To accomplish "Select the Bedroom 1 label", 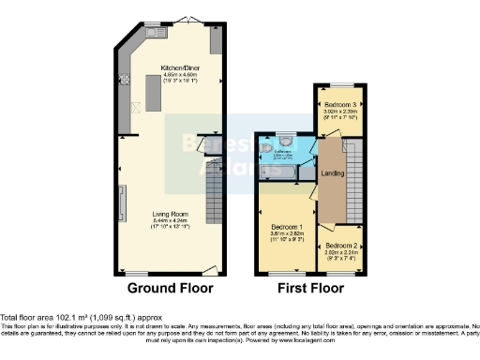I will click(286, 227).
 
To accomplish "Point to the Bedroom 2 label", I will click(340, 246).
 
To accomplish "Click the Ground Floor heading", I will click(170, 288).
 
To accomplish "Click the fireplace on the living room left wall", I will click(119, 202).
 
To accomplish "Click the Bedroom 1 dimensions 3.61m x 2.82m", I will click(286, 235).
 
